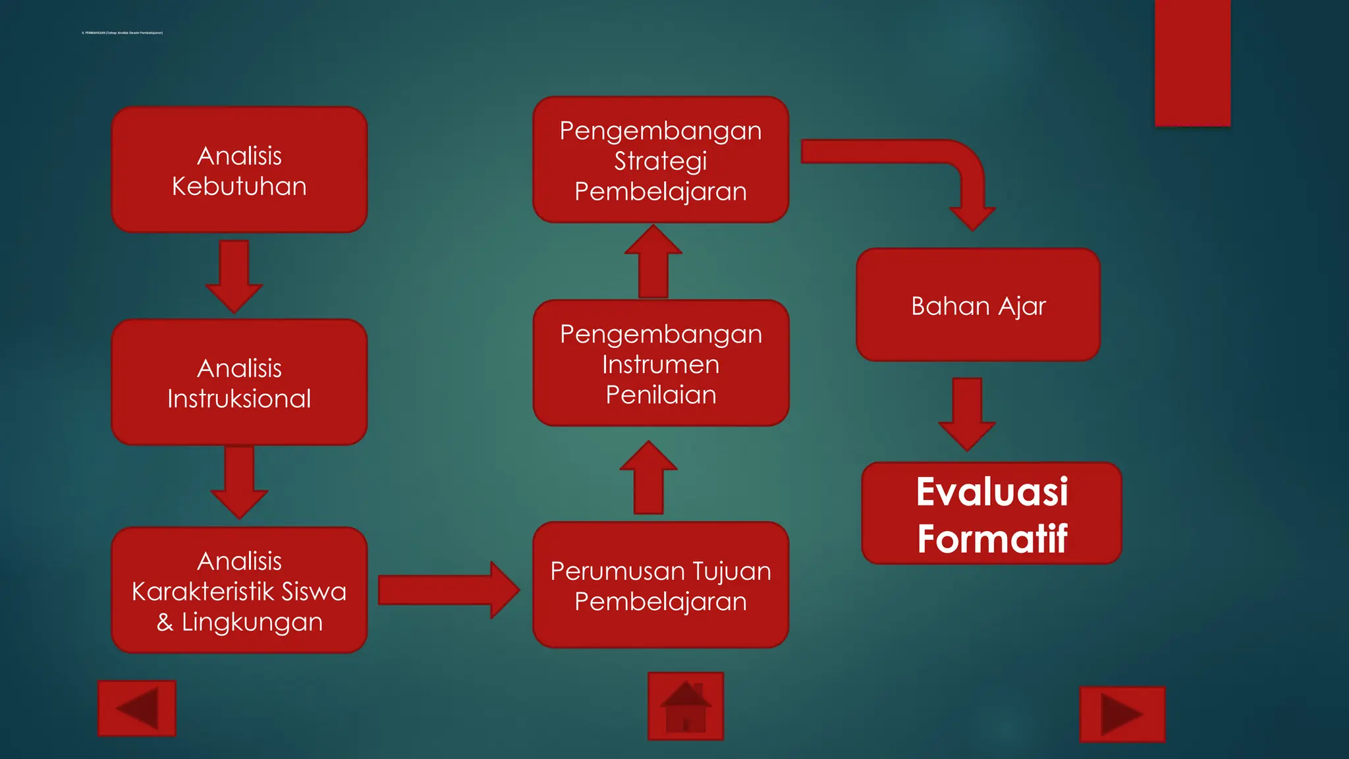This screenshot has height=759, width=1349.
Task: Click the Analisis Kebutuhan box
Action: (239, 170)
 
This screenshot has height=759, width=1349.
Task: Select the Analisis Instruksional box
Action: (239, 383)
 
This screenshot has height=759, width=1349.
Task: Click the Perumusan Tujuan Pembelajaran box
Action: (661, 586)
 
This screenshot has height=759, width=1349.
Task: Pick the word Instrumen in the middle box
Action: (661, 364)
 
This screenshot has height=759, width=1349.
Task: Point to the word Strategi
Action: (661, 161)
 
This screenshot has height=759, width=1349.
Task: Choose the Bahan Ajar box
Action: (978, 306)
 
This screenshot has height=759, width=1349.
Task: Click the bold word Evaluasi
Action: (992, 492)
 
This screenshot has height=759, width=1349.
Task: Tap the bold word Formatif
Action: (992, 539)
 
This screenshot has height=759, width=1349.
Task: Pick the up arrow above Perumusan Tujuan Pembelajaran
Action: (649, 478)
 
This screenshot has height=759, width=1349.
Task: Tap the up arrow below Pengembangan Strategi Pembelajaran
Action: (653, 262)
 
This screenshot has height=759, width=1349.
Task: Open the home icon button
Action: (686, 706)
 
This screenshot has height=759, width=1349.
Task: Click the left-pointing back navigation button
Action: (137, 708)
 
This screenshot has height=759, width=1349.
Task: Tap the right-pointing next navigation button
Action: (1122, 714)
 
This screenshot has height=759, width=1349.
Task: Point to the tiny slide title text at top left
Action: (122, 32)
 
